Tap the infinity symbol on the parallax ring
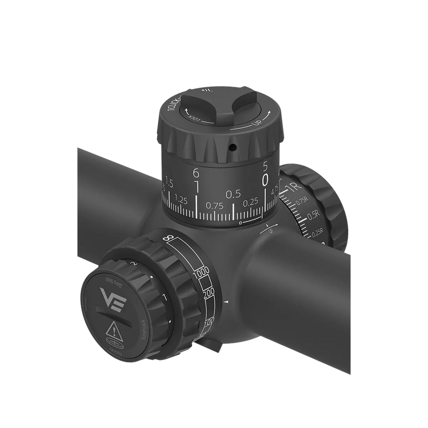click(x=170, y=239)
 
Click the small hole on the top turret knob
click(x=234, y=146)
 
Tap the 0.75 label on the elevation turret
click(x=214, y=205)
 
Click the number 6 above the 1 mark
click(x=196, y=173)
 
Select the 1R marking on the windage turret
click(x=293, y=187)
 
